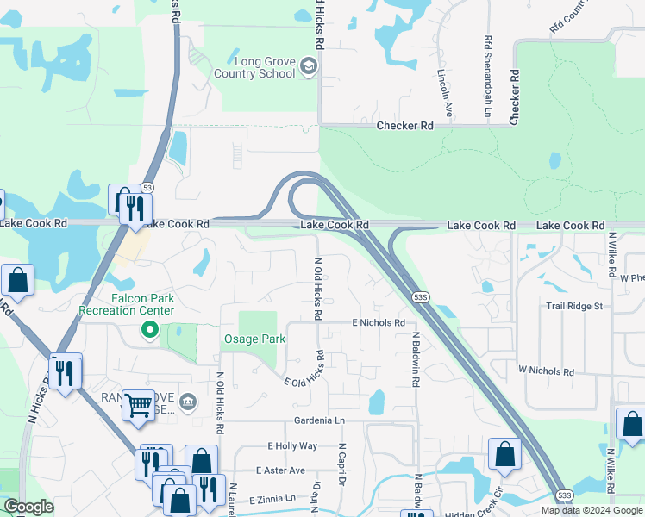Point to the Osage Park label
[x=254, y=339]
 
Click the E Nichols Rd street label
[x=378, y=322]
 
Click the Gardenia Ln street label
[x=319, y=420]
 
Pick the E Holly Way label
[x=292, y=445]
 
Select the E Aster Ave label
[x=280, y=470]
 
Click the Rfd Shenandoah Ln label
[x=488, y=77]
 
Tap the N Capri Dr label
[x=341, y=466]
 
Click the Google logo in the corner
[x=28, y=508]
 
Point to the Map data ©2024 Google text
[x=591, y=510]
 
